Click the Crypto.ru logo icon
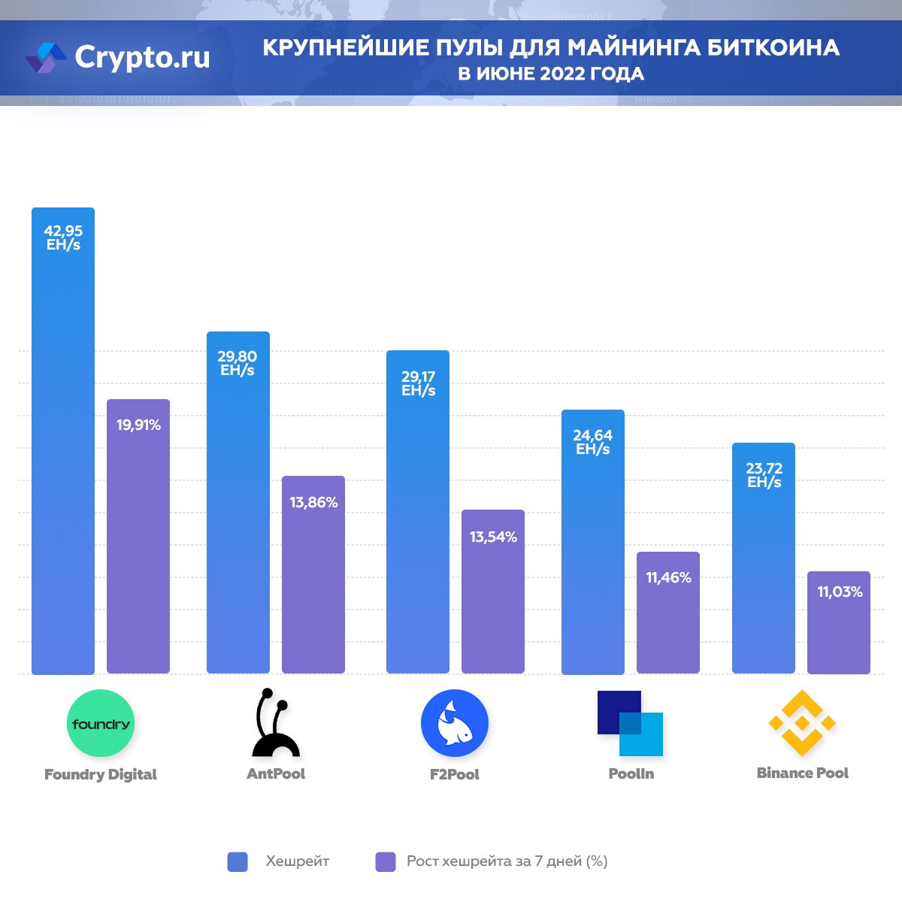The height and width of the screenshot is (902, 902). coord(46,58)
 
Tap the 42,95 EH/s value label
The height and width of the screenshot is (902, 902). coord(63,238)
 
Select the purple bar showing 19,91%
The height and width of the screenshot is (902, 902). coord(138,536)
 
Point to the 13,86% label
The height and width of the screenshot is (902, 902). coord(313,502)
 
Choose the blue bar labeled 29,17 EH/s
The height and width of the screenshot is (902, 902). coord(418,512)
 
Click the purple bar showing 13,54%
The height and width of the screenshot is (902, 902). coord(493,592)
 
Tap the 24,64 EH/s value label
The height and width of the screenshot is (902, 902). coord(593,442)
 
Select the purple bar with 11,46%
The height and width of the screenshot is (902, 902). coord(668,613)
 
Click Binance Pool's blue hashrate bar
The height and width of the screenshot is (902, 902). coord(764,558)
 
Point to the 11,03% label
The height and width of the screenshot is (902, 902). coord(840,592)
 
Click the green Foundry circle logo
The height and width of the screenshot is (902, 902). coord(101,723)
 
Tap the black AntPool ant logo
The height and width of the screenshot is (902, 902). coord(274,724)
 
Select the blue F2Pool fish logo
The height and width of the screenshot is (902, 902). coord(455,723)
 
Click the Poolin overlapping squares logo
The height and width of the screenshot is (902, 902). coord(630,723)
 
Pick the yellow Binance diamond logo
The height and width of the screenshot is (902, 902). coord(802,723)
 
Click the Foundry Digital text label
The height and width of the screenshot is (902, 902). coord(101,774)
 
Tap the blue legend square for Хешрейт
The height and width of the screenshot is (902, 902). coord(238,861)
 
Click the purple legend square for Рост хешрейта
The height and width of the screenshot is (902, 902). coord(386,861)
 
